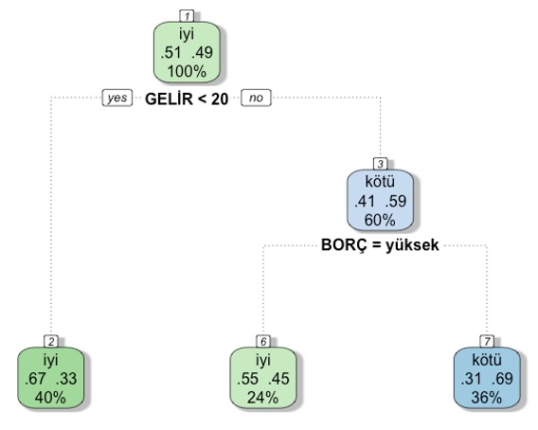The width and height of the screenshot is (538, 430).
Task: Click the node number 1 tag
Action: click(x=187, y=16)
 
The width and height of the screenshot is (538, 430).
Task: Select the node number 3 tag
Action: click(x=380, y=164)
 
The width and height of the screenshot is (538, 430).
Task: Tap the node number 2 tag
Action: click(x=51, y=342)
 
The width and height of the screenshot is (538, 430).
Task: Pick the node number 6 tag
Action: click(x=263, y=342)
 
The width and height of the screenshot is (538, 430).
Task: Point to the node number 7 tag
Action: click(x=487, y=342)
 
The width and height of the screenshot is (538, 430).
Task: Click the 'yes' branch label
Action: click(x=117, y=98)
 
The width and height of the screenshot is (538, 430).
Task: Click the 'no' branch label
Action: click(x=256, y=98)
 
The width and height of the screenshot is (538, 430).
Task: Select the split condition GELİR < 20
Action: click(x=187, y=99)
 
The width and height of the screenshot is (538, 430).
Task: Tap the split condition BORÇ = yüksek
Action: click(x=380, y=245)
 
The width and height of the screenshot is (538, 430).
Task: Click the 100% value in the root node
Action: click(x=187, y=72)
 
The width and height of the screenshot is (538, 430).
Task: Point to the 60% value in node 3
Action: click(x=380, y=220)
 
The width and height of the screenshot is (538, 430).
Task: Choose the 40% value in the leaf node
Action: click(x=50, y=398)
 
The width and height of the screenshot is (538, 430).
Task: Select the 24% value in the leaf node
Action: click(x=262, y=398)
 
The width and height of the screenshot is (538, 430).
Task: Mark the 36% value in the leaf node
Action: click(x=487, y=398)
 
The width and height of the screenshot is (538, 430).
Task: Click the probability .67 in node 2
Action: click(x=35, y=379)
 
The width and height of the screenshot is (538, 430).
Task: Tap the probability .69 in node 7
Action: click(x=502, y=379)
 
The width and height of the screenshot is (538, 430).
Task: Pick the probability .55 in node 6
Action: click(x=247, y=379)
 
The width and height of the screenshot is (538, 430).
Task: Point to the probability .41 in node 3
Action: click(x=365, y=201)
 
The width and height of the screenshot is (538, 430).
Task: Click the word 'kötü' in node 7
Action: click(x=487, y=360)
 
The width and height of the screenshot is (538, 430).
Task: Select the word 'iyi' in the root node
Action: click(x=187, y=35)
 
